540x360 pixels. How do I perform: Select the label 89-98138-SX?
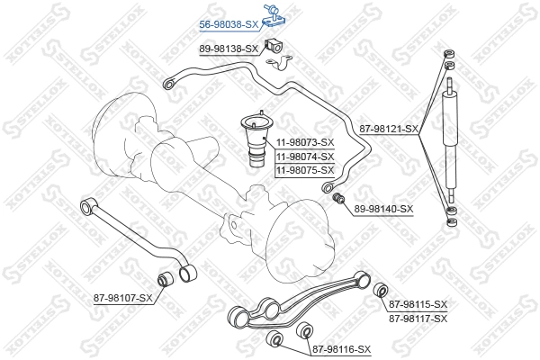[228, 49]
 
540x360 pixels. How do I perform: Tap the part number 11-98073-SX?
[304, 141]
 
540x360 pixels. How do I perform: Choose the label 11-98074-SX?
[304, 156]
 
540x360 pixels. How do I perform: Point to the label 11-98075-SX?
[304, 170]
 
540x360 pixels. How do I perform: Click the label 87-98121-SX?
[389, 129]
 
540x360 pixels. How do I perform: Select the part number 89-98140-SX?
[382, 209]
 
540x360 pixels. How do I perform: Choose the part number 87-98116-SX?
[341, 348]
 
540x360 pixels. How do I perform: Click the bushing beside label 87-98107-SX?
[166, 278]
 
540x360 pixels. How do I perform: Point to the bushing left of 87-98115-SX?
[380, 291]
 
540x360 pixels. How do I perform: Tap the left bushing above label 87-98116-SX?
[275, 338]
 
